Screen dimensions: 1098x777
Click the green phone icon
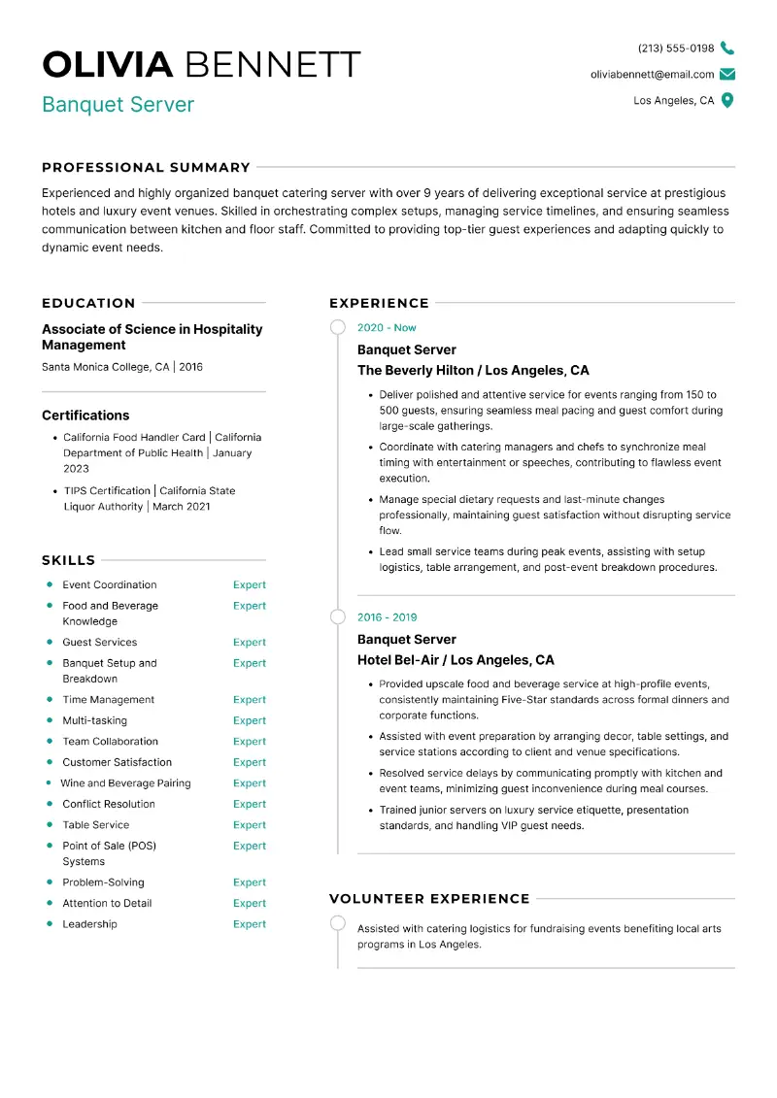(727, 49)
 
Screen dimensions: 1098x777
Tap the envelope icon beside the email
(727, 75)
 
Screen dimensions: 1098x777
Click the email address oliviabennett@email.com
(652, 75)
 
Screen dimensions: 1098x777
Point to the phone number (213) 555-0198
(675, 49)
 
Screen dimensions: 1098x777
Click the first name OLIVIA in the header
(108, 65)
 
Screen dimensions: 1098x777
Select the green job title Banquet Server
(118, 105)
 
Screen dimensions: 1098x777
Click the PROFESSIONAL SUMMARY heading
(146, 167)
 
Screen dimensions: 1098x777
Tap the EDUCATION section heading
(88, 303)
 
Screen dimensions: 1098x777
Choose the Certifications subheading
(85, 416)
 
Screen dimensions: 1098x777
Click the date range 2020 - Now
(387, 328)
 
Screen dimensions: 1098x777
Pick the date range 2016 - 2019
(387, 617)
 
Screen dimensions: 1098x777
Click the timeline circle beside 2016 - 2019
(338, 617)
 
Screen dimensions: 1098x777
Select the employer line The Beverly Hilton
(473, 371)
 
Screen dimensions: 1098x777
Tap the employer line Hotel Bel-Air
(456, 660)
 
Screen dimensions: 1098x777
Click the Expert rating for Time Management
(249, 700)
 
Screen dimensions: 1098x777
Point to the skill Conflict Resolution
(109, 805)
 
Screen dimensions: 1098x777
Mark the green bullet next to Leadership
(50, 924)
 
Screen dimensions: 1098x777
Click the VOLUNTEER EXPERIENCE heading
(429, 899)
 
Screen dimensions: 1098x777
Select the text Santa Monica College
(95, 368)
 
